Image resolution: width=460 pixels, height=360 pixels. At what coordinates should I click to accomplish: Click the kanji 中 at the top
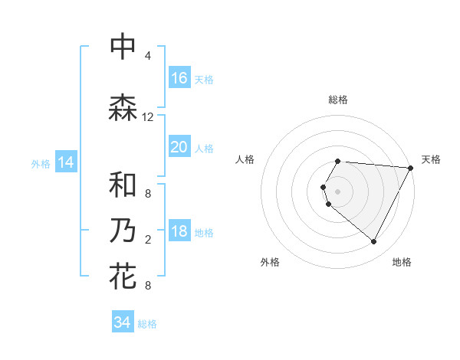coord(123,47)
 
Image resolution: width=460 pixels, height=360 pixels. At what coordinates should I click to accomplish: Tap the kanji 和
coord(123,185)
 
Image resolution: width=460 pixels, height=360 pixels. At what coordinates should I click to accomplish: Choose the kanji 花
coord(123,276)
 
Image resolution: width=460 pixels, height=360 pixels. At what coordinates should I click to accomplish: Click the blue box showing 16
coord(179,78)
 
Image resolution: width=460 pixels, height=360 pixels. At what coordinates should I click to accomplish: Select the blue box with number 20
coord(179,147)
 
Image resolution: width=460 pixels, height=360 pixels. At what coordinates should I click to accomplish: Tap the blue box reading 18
coord(179,232)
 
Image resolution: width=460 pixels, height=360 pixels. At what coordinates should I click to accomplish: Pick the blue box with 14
coord(66,162)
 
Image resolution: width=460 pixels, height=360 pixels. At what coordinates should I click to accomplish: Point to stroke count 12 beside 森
coord(148,117)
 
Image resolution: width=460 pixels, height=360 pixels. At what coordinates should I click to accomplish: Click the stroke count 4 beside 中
coord(148,56)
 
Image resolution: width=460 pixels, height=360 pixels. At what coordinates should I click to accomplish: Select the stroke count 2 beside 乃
coord(148,240)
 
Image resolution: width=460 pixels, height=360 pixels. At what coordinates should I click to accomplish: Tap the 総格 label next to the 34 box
coord(147,324)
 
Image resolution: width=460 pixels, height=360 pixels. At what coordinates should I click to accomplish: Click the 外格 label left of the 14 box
coord(41,163)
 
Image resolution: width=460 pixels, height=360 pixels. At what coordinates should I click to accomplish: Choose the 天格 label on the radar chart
coord(431,159)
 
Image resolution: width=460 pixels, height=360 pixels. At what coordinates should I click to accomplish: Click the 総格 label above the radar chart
coord(338,100)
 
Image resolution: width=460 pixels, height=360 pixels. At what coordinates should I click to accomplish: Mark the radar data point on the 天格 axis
coord(411,168)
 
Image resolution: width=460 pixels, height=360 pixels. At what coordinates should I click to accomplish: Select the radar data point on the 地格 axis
coord(374,242)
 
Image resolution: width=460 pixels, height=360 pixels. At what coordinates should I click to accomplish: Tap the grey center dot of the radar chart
coord(338,191)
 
